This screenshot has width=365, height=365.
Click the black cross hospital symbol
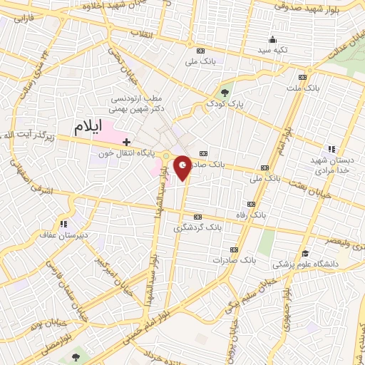point(126,143)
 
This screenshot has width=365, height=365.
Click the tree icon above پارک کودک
point(225,92)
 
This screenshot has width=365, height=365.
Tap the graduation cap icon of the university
point(305,253)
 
